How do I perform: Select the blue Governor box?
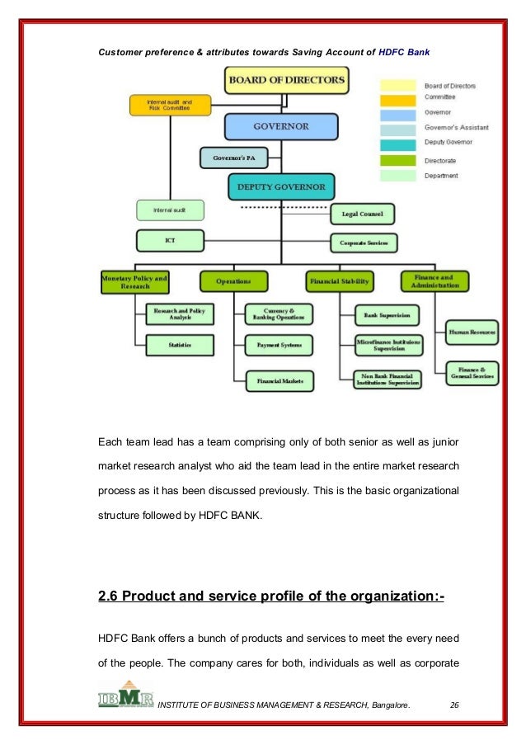click(281, 127)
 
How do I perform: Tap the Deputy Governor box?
click(281, 186)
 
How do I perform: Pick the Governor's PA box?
click(232, 157)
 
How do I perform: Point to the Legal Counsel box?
click(362, 214)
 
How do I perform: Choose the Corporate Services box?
click(364, 243)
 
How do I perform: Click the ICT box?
click(169, 241)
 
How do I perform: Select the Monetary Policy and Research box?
click(134, 281)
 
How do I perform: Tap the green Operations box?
click(233, 281)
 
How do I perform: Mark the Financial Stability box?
click(339, 281)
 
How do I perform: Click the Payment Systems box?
click(279, 344)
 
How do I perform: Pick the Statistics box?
click(179, 344)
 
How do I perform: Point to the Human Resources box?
click(472, 332)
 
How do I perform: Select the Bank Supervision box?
click(386, 314)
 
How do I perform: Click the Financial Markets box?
click(279, 380)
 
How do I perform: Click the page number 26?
click(454, 704)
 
